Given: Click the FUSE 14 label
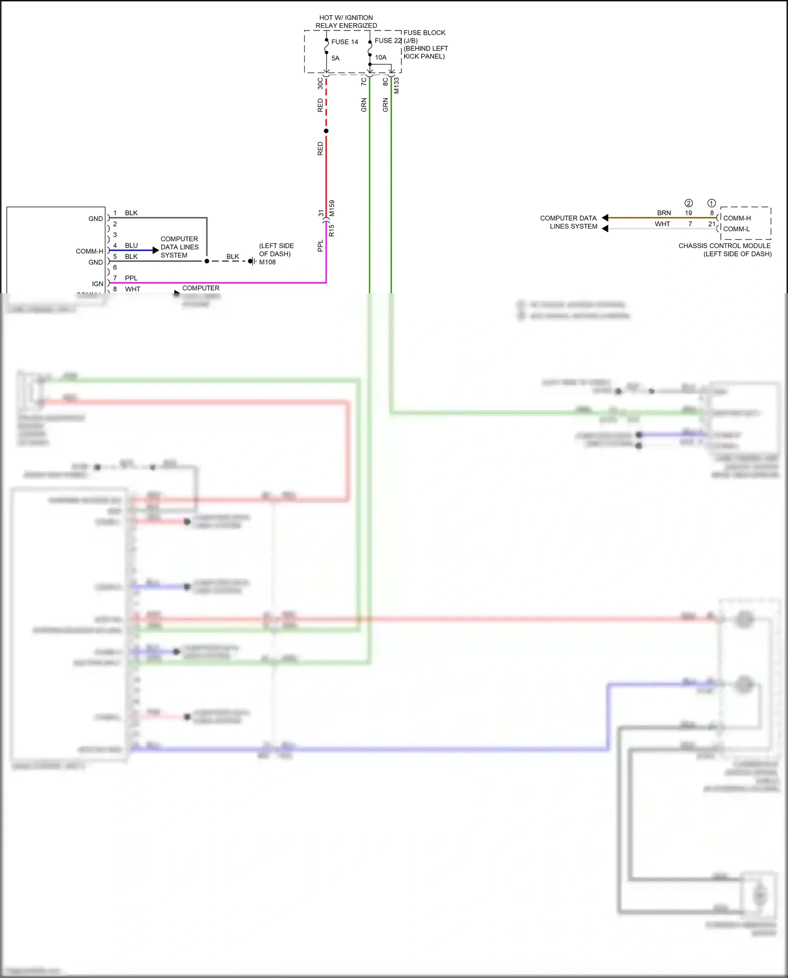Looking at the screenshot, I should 345,42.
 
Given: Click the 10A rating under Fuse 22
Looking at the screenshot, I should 380,57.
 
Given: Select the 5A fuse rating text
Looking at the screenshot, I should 335,58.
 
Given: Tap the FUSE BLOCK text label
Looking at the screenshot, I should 424,33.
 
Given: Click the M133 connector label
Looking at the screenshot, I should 397,86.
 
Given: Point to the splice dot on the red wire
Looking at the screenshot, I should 326,131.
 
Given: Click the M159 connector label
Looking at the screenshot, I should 332,209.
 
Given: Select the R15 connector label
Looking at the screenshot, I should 331,230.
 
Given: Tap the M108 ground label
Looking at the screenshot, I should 267,262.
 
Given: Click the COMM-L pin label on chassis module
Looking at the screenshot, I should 736,229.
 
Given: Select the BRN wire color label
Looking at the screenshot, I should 663,213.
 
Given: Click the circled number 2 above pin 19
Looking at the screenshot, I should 688,203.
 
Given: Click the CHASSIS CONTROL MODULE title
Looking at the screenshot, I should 724,245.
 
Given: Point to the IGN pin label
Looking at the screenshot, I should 98,284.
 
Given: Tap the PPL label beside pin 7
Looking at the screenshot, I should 131,278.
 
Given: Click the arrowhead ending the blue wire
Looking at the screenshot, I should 155,251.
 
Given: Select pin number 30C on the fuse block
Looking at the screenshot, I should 320,83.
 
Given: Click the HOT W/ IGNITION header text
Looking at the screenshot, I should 346,18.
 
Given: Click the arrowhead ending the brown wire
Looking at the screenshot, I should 605,218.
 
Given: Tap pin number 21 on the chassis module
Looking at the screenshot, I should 711,224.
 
